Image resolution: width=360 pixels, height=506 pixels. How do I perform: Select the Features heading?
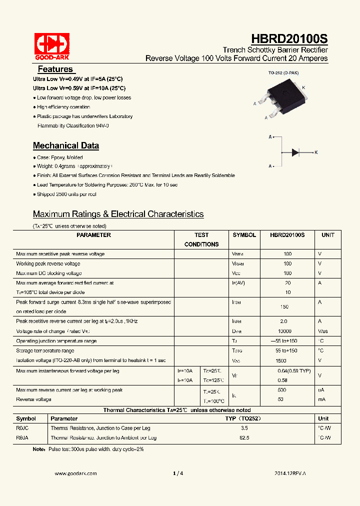click(x=55, y=69)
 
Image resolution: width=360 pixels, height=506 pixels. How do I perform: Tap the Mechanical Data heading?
click(x=66, y=146)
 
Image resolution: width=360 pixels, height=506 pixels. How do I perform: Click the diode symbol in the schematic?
click(x=295, y=151)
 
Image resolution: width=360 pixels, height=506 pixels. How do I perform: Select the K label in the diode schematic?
click(x=316, y=152)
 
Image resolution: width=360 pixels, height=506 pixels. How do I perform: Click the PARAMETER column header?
click(x=94, y=235)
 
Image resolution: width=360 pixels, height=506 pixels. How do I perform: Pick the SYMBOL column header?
click(x=244, y=235)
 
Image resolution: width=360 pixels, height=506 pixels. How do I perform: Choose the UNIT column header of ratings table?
click(x=327, y=235)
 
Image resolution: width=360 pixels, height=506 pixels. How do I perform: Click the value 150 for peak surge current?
click(x=284, y=306)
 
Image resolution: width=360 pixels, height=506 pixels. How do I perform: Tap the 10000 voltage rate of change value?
click(x=284, y=331)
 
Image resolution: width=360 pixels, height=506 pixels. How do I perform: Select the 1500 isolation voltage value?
click(x=281, y=360)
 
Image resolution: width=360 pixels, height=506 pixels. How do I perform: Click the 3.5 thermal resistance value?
click(x=244, y=428)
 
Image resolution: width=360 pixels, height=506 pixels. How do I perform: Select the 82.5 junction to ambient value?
click(x=244, y=438)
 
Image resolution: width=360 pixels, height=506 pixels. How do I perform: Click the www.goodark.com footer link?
click(x=75, y=473)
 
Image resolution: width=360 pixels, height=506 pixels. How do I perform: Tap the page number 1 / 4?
click(x=178, y=473)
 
